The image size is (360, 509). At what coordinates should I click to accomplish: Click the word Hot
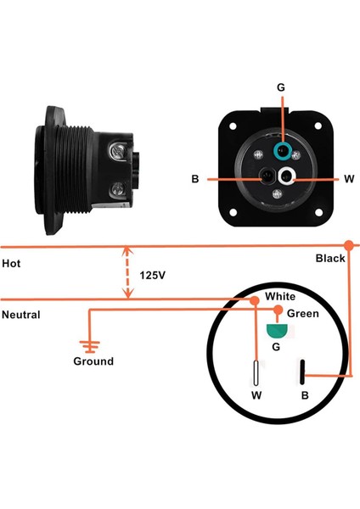click(x=11, y=264)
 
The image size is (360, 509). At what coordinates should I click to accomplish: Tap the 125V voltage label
click(x=153, y=277)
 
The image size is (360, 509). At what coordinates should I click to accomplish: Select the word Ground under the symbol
click(x=93, y=361)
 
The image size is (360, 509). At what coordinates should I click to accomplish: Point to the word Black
click(x=330, y=258)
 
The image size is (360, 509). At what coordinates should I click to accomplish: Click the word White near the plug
click(x=280, y=297)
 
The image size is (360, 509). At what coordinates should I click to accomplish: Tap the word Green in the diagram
click(x=303, y=314)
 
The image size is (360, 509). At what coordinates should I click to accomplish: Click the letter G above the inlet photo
click(x=281, y=87)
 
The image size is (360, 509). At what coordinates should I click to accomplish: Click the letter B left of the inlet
click(x=195, y=178)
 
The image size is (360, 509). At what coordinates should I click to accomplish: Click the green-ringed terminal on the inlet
click(x=281, y=151)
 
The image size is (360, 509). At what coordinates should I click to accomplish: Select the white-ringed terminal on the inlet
click(x=291, y=176)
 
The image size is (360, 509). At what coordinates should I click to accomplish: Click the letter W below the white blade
click(x=256, y=394)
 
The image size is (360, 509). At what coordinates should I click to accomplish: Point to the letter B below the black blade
click(x=305, y=394)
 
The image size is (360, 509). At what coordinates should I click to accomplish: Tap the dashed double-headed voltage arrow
click(x=127, y=272)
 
